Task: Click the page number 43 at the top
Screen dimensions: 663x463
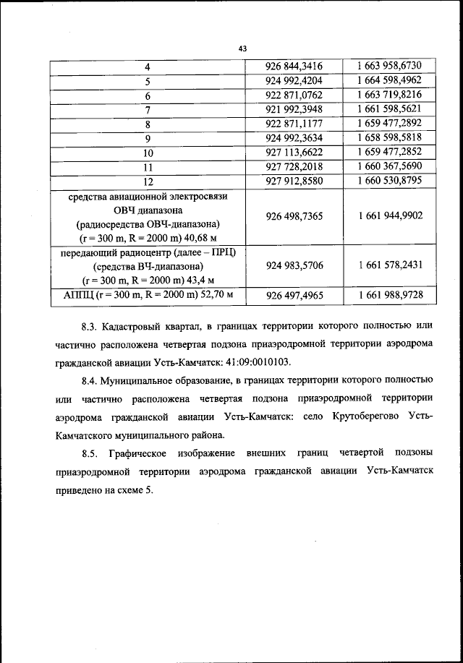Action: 242,48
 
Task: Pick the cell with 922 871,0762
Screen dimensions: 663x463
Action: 294,95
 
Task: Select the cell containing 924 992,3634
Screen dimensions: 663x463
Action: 294,137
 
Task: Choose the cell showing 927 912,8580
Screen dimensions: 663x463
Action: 294,181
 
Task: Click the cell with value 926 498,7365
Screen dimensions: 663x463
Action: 294,215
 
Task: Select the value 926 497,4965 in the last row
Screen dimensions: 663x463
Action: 294,296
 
